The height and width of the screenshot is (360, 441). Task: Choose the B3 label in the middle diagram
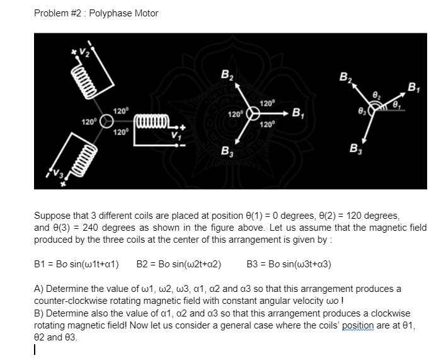226,152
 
